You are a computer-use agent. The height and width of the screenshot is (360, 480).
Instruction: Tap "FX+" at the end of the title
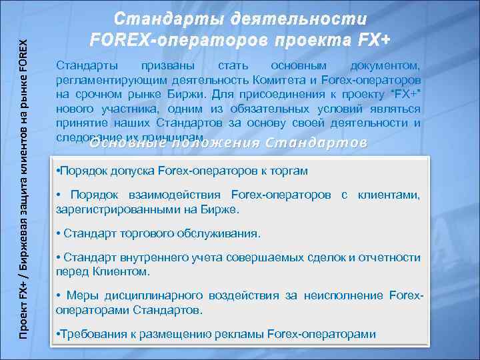click(x=369, y=39)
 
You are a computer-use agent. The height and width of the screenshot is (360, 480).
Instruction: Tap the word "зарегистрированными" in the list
click(x=117, y=209)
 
